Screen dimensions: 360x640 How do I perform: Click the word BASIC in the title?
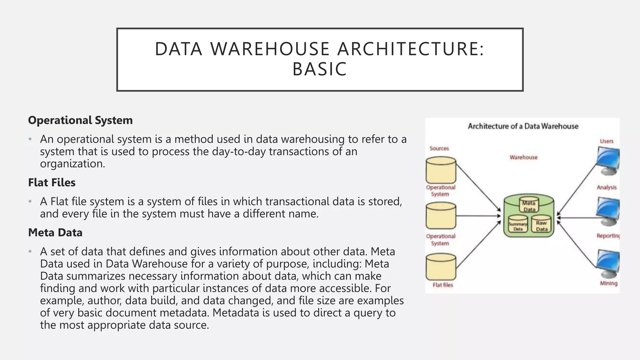319,69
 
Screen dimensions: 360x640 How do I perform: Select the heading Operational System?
80,120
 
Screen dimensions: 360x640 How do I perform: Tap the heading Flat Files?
52,182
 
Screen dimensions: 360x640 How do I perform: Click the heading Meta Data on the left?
55,232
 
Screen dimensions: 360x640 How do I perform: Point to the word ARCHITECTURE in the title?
411,49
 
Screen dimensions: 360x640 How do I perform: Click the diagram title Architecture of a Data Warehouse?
523,126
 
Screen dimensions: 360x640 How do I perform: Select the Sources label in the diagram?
439,148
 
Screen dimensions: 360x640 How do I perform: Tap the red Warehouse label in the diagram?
523,157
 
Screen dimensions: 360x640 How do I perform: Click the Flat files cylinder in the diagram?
441,267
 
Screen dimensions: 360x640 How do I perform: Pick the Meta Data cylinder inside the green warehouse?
529,205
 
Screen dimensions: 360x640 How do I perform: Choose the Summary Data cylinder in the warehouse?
518,224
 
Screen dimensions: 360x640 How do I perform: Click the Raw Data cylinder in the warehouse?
541,224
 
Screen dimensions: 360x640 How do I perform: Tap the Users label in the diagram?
607,141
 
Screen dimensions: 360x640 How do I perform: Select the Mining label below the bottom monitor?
608,283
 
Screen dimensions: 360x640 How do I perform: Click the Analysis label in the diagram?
607,187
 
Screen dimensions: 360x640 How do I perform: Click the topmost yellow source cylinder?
441,170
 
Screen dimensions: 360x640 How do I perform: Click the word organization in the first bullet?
72,164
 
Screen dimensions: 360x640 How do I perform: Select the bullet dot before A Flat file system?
30,202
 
